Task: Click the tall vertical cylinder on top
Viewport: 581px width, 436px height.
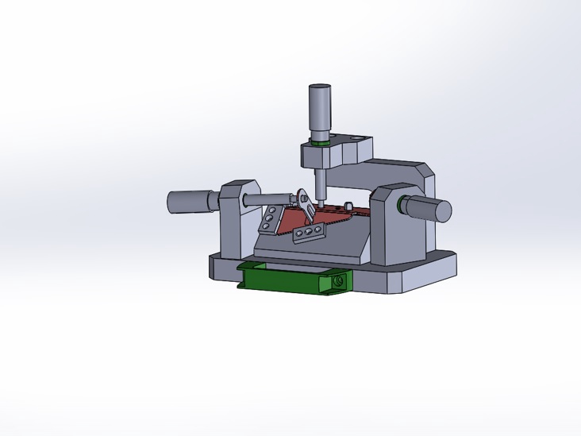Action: (320, 110)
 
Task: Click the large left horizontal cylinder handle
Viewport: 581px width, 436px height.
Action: (189, 201)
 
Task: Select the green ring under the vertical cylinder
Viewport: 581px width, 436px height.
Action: (321, 144)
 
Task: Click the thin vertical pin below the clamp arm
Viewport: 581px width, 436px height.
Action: (319, 185)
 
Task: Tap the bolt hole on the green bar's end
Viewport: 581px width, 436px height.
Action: (340, 280)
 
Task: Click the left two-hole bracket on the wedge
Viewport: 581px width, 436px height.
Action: (271, 219)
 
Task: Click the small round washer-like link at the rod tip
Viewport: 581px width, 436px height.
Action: (302, 195)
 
